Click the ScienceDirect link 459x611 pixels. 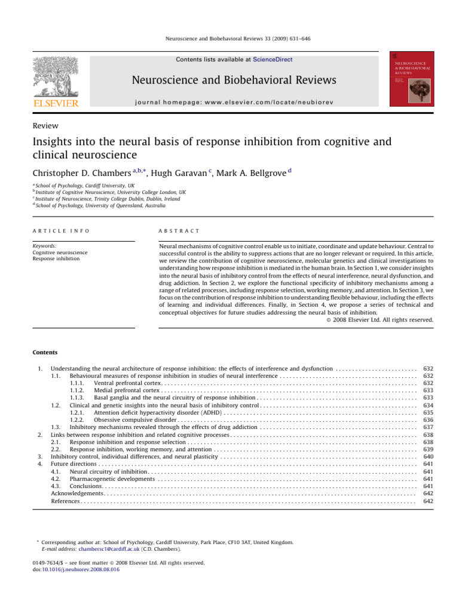pyautogui.click(x=273, y=60)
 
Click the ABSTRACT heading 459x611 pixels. pyautogui.click(x=179, y=231)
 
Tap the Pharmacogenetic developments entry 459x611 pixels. pyautogui.click(x=112, y=479)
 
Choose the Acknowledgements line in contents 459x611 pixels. pyautogui.click(x=78, y=493)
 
